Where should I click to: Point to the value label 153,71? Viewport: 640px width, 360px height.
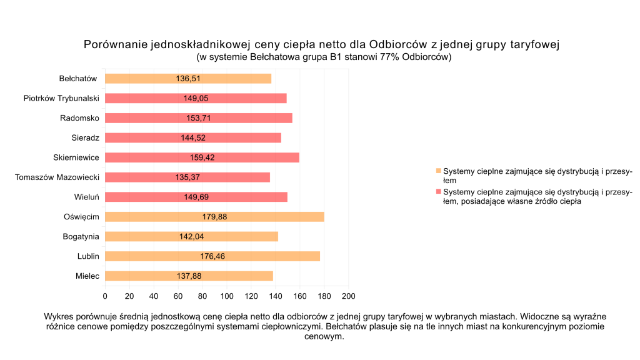[x=199, y=118]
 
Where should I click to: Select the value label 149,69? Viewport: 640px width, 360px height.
[x=196, y=197]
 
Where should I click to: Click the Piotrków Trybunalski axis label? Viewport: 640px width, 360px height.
[x=61, y=98]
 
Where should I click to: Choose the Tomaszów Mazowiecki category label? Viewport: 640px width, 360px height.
[x=57, y=177]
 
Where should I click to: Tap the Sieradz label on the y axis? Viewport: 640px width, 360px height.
[x=86, y=138]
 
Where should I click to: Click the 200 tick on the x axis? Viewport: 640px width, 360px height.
[x=348, y=296]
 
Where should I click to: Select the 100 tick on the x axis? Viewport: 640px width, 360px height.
[x=226, y=296]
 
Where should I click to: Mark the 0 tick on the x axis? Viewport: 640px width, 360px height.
[x=105, y=296]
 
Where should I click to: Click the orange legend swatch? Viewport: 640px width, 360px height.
[x=438, y=171]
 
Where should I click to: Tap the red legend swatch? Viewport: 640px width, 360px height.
[x=438, y=191]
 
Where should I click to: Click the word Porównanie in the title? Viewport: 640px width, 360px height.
[x=115, y=45]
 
